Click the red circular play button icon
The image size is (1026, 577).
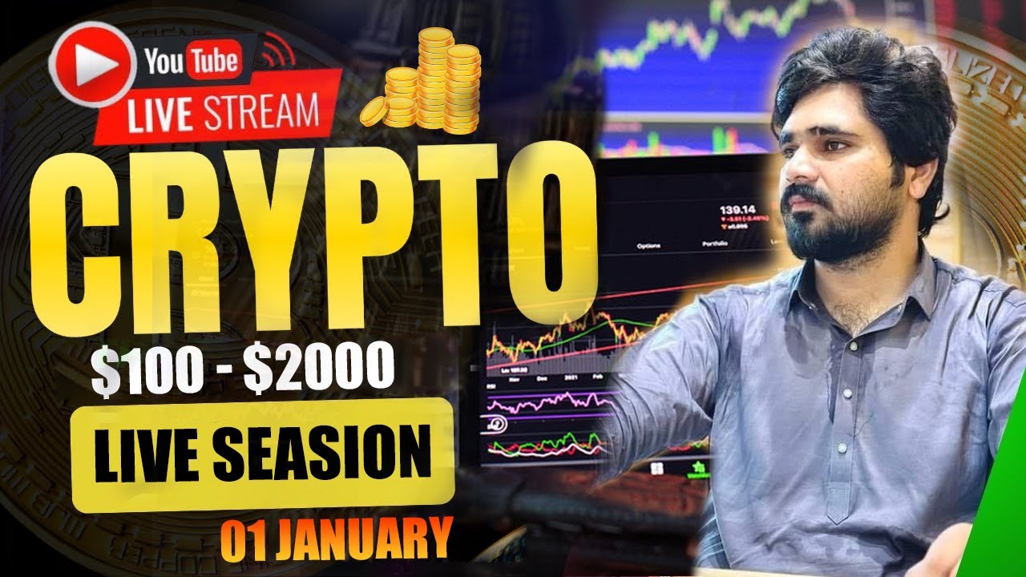click(x=91, y=64)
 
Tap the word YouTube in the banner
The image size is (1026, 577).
click(x=192, y=60)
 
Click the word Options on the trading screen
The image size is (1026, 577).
click(x=648, y=245)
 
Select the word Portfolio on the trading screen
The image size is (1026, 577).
click(x=715, y=244)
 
